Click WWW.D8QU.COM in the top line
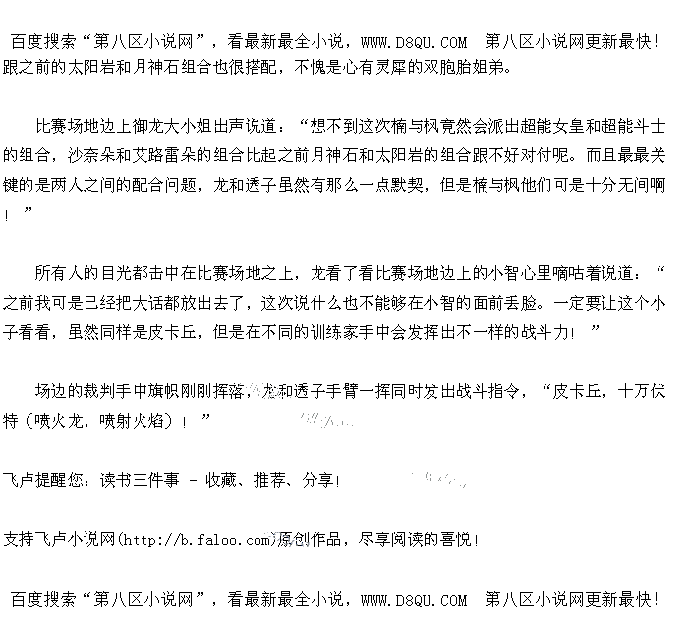[x=414, y=42]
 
